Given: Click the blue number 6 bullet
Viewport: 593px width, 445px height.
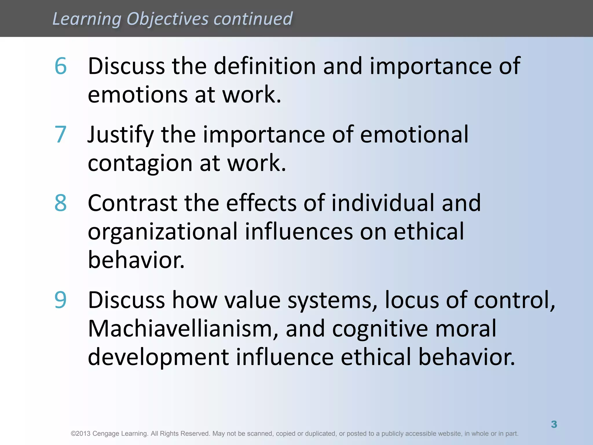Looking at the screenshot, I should tap(61, 66).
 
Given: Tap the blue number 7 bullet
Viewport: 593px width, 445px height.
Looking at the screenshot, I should tap(61, 134).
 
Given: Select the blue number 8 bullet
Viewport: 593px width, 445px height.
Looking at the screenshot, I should tap(61, 203).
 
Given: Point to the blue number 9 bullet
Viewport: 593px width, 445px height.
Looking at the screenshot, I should tap(61, 300).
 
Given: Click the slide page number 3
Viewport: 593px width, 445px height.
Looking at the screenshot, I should tap(554, 424).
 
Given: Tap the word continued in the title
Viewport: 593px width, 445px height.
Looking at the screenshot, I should tap(253, 19).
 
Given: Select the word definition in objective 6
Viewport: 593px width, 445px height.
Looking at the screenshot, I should tap(265, 66).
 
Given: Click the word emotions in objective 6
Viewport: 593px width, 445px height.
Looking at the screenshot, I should tap(138, 95).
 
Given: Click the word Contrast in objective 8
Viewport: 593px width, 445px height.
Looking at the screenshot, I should tap(133, 203).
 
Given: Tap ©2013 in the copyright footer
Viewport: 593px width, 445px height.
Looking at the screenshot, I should tap(81, 434).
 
